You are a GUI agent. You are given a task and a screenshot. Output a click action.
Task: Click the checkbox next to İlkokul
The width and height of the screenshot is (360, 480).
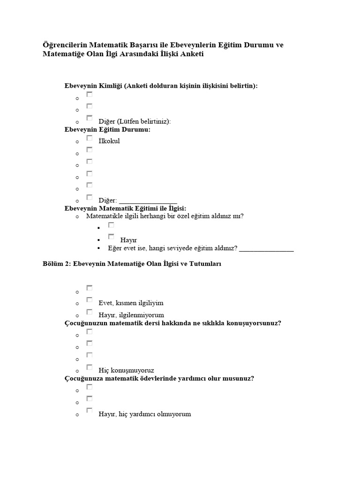click(90, 138)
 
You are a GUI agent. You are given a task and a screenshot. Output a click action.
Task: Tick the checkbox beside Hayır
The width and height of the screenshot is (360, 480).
click(111, 237)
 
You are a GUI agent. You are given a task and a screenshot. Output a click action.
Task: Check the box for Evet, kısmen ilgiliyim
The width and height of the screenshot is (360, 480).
click(90, 300)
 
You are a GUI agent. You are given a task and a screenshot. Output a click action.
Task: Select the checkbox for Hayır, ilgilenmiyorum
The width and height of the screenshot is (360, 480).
click(90, 312)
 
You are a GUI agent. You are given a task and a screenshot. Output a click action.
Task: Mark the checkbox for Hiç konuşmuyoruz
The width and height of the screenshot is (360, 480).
click(90, 367)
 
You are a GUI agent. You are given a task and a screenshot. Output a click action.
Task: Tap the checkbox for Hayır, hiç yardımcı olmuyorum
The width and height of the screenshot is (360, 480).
click(90, 411)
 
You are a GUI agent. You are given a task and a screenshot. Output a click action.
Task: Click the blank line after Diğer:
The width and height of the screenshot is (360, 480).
click(148, 200)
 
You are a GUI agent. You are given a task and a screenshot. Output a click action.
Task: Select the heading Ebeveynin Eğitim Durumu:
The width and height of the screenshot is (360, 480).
click(107, 129)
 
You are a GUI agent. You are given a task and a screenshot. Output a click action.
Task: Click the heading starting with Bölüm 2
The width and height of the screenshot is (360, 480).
click(131, 264)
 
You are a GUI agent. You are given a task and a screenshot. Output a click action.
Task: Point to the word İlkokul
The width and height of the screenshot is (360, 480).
click(109, 141)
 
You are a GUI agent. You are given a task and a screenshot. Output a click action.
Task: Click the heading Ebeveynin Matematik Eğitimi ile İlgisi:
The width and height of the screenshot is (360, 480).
click(125, 208)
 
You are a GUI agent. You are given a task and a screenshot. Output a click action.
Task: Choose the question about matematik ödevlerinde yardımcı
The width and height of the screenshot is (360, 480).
click(159, 378)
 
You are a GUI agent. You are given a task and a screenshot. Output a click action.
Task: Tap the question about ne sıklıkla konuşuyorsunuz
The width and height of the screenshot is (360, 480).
click(172, 323)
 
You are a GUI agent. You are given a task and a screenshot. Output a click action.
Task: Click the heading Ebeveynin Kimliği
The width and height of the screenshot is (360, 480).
click(161, 86)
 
